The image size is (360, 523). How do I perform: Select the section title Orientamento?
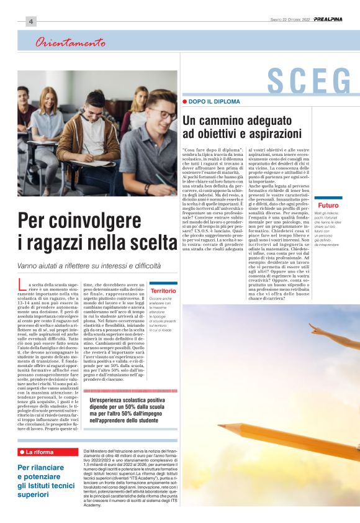pos(70,43)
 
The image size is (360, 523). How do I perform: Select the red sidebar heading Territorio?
pos(163,291)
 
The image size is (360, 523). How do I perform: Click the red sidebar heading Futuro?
pos(328,205)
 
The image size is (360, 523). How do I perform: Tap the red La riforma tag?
pos(38,452)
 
